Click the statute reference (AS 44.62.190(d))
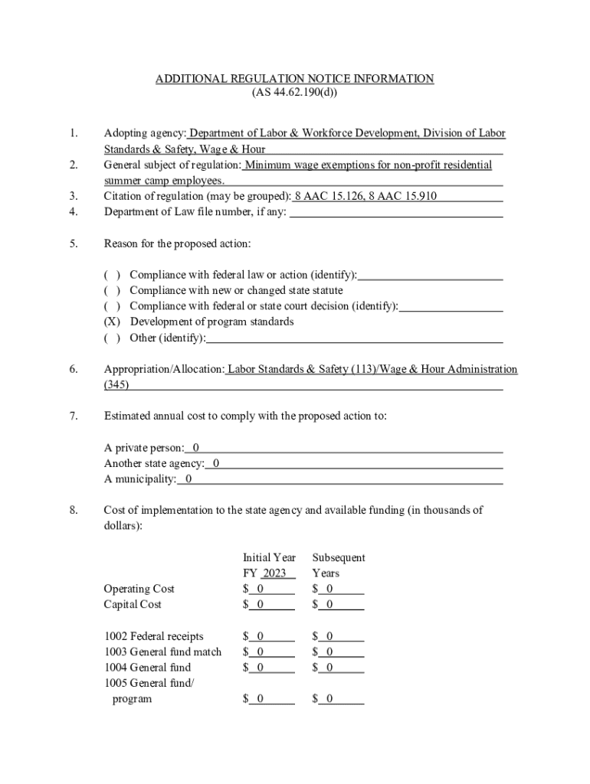point(294,94)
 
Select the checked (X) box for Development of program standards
point(112,322)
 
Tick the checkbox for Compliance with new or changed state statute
point(112,290)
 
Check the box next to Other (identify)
point(112,338)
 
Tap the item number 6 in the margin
point(73,369)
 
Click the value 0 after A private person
point(196,447)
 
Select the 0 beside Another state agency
point(216,463)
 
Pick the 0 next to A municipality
point(188,479)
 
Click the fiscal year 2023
point(274,573)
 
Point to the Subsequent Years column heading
point(338,565)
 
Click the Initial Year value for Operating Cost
point(261,589)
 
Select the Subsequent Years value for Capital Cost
point(329,605)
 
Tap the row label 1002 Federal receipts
point(154,636)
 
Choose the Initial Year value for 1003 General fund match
point(261,652)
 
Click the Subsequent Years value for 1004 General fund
point(329,668)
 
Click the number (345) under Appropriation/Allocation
point(116,385)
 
